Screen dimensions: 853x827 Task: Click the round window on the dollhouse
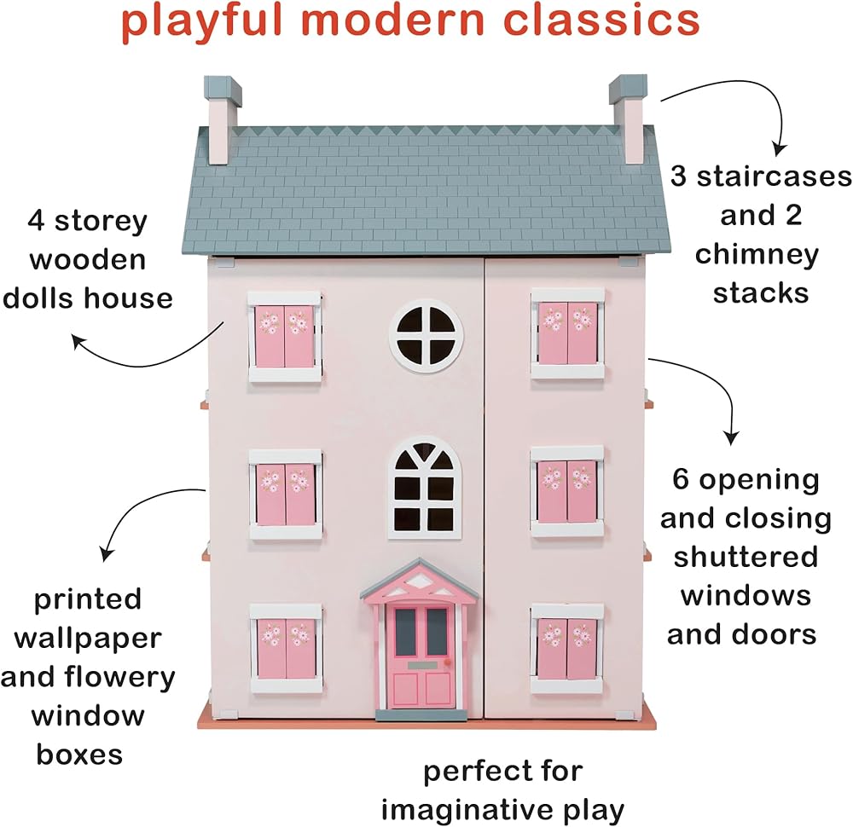click(426, 334)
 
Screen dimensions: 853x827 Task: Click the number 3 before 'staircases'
click(679, 177)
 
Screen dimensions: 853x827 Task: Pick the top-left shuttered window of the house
click(285, 336)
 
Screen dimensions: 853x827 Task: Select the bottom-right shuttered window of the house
click(567, 648)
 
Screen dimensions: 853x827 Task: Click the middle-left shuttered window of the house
click(285, 494)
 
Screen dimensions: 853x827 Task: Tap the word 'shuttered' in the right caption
click(746, 557)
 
